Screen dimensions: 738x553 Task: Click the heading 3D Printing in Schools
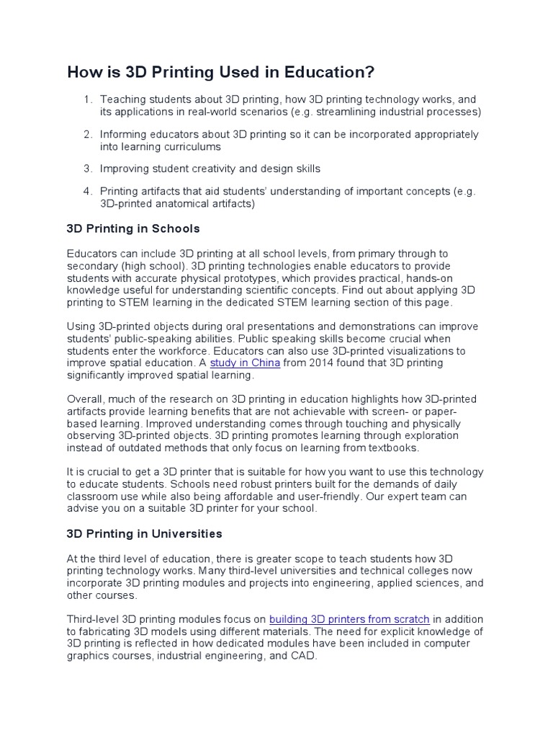click(132, 228)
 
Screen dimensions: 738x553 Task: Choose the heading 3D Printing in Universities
click(144, 534)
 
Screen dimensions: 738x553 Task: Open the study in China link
click(245, 363)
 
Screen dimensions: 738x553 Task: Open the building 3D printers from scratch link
click(349, 619)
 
